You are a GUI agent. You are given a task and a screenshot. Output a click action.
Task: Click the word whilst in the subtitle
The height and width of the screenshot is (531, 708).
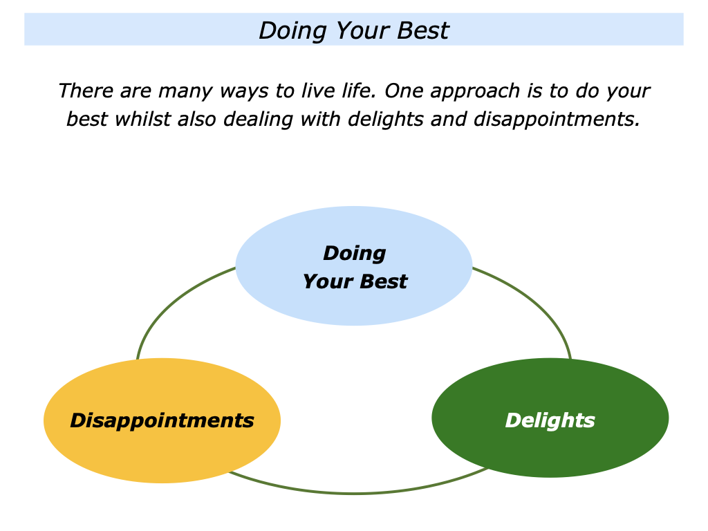pyautogui.click(x=142, y=119)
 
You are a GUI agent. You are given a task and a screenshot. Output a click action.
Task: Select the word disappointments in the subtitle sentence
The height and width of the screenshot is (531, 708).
pyautogui.click(x=557, y=120)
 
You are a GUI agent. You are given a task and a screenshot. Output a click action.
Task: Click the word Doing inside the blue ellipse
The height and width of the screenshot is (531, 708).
pyautogui.click(x=354, y=254)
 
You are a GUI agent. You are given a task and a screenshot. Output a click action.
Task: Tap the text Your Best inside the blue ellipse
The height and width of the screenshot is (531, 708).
pyautogui.click(x=355, y=281)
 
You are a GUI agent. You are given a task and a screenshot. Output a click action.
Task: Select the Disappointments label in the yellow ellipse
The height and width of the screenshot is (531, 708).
pyautogui.click(x=162, y=420)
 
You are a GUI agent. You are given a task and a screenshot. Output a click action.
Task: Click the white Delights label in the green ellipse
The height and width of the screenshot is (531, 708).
pyautogui.click(x=550, y=420)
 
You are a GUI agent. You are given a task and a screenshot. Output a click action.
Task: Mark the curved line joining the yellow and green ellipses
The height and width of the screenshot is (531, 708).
pyautogui.click(x=354, y=493)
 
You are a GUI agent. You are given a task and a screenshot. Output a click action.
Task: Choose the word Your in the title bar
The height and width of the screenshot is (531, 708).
pyautogui.click(x=358, y=31)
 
